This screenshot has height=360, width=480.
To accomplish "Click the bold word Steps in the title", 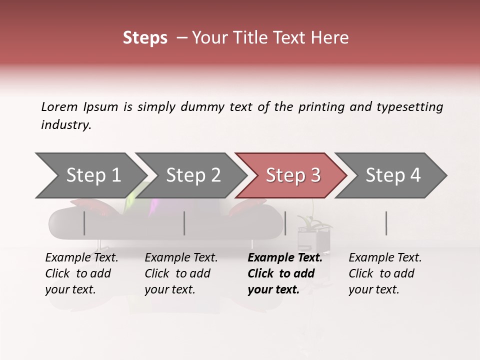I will tap(145, 38).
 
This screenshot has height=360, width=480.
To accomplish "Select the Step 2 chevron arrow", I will tap(193, 175).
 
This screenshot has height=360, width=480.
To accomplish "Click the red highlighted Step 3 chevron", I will tap(292, 175).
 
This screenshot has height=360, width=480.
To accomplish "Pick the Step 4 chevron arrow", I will tap(393, 175).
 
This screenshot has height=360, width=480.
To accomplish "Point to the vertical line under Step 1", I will tap(84, 223).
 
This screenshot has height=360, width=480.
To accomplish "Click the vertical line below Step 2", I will tap(184, 223).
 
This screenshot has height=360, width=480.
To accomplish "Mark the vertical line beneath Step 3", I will tap(285, 223).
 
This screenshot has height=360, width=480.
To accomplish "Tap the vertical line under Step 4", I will tap(386, 223).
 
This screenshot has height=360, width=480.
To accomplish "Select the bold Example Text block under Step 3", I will tap(284, 273).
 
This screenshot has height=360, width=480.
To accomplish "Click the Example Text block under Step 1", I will tap(81, 273).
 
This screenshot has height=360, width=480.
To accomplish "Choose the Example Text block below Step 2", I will tap(181, 273).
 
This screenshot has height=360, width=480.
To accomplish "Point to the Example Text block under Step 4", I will tap(385, 273).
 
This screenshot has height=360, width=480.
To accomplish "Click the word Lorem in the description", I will tap(59, 106).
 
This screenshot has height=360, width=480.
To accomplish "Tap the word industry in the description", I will tap(66, 124).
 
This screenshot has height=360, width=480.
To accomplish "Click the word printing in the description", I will tap(320, 106).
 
